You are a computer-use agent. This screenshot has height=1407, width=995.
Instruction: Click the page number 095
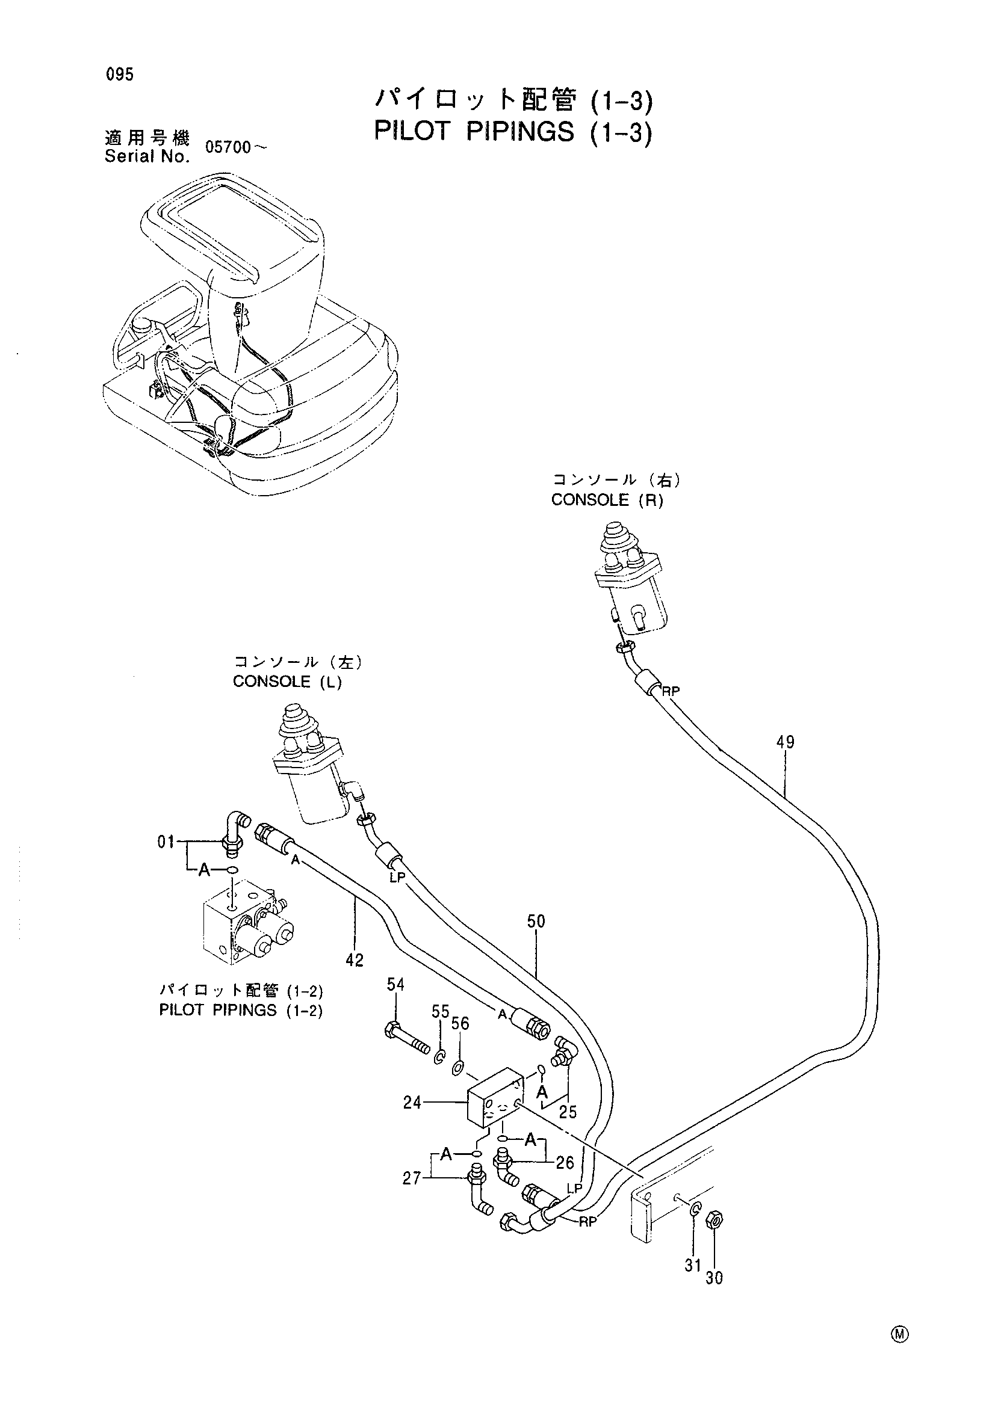[x=119, y=75]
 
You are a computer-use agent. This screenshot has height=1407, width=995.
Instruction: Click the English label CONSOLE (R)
[x=607, y=500]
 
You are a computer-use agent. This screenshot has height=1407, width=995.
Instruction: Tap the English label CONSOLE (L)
[x=288, y=682]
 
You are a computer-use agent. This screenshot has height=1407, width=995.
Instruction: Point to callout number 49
[x=785, y=742]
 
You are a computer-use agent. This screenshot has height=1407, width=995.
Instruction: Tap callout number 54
[x=395, y=985]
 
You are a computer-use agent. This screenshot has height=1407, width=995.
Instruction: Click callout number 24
[x=412, y=1103]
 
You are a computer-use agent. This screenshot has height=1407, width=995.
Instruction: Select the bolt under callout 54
[x=407, y=1040]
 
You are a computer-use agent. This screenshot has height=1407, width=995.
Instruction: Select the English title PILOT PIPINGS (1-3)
[x=512, y=132]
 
